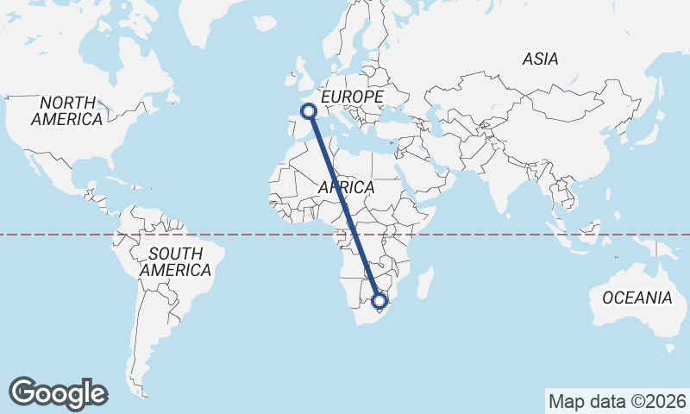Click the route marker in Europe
(307, 110)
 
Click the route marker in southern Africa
(379, 301)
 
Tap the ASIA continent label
(540, 59)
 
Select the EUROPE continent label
(352, 97)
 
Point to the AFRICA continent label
(346, 187)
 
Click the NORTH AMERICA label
(66, 110)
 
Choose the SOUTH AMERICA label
(175, 262)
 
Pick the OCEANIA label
(637, 298)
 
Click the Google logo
(58, 393)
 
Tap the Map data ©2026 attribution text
(617, 401)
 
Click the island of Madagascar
(423, 281)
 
